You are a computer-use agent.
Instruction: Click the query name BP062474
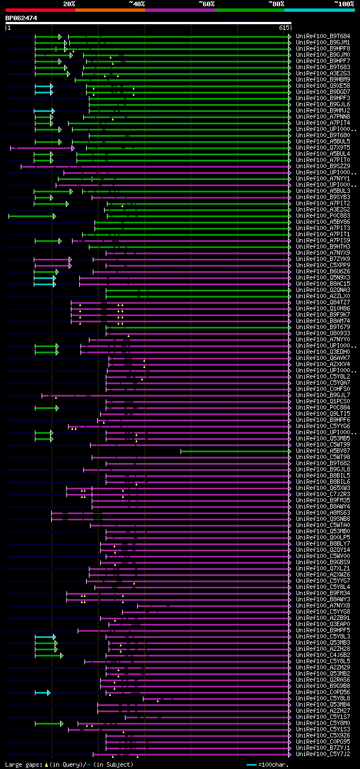click(x=21, y=19)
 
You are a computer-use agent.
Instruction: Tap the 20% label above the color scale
click(x=69, y=4)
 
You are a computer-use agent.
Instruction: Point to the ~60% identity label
click(x=206, y=4)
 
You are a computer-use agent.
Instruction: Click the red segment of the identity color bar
click(x=40, y=10)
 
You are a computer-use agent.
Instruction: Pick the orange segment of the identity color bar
click(x=110, y=10)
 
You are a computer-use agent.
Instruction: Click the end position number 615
click(x=283, y=27)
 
